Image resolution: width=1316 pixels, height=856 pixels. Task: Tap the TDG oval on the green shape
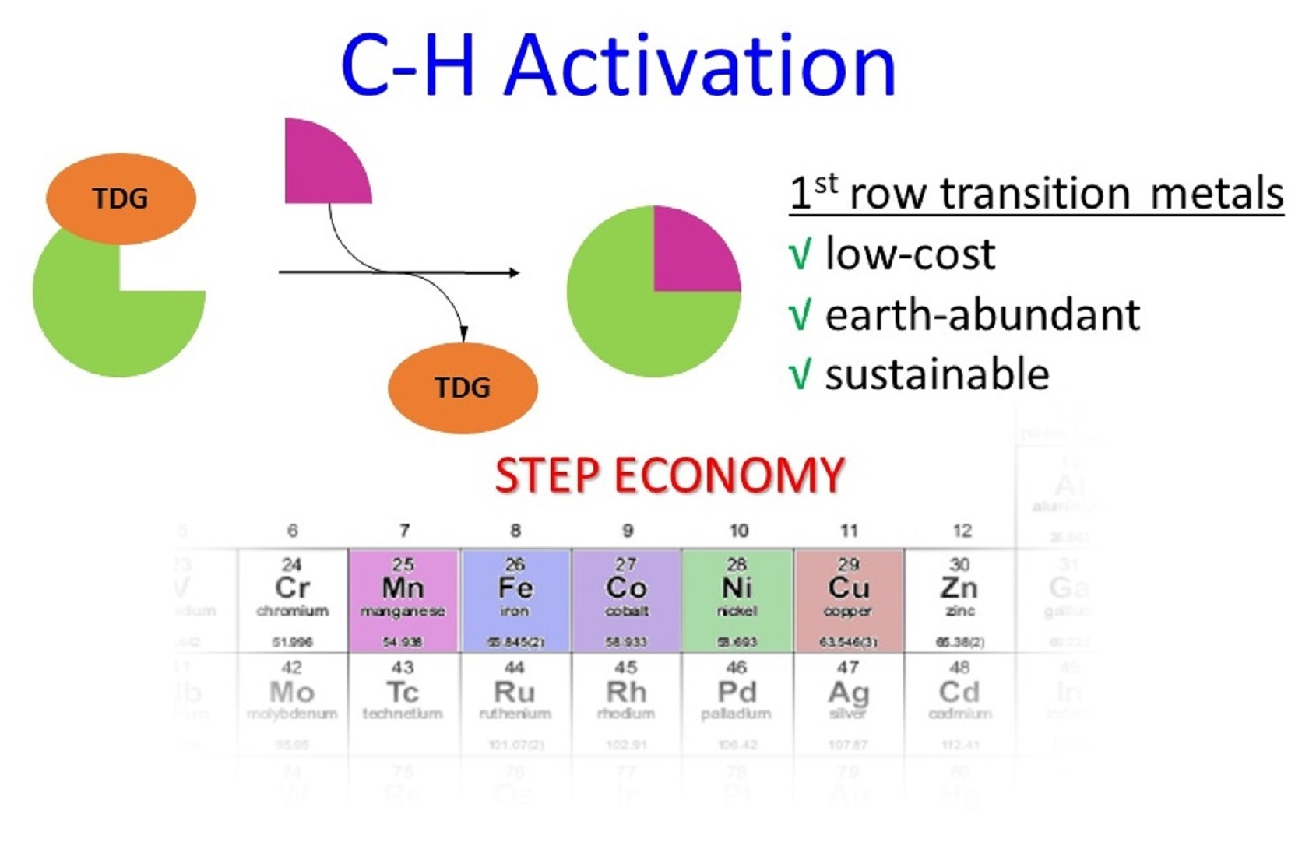point(121,198)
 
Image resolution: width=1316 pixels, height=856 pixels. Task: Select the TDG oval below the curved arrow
point(463,387)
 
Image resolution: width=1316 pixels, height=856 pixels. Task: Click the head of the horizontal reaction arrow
point(514,272)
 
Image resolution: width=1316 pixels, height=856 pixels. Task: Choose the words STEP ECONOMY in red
point(670,475)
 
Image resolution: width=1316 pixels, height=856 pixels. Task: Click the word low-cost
point(910,254)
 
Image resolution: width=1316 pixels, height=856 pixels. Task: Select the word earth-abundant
point(982,314)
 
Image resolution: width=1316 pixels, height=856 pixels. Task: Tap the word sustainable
point(937,374)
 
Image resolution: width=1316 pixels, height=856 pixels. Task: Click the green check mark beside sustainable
point(800,374)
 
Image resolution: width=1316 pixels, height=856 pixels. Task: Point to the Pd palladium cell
point(737,700)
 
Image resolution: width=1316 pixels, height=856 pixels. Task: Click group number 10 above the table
point(738,531)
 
